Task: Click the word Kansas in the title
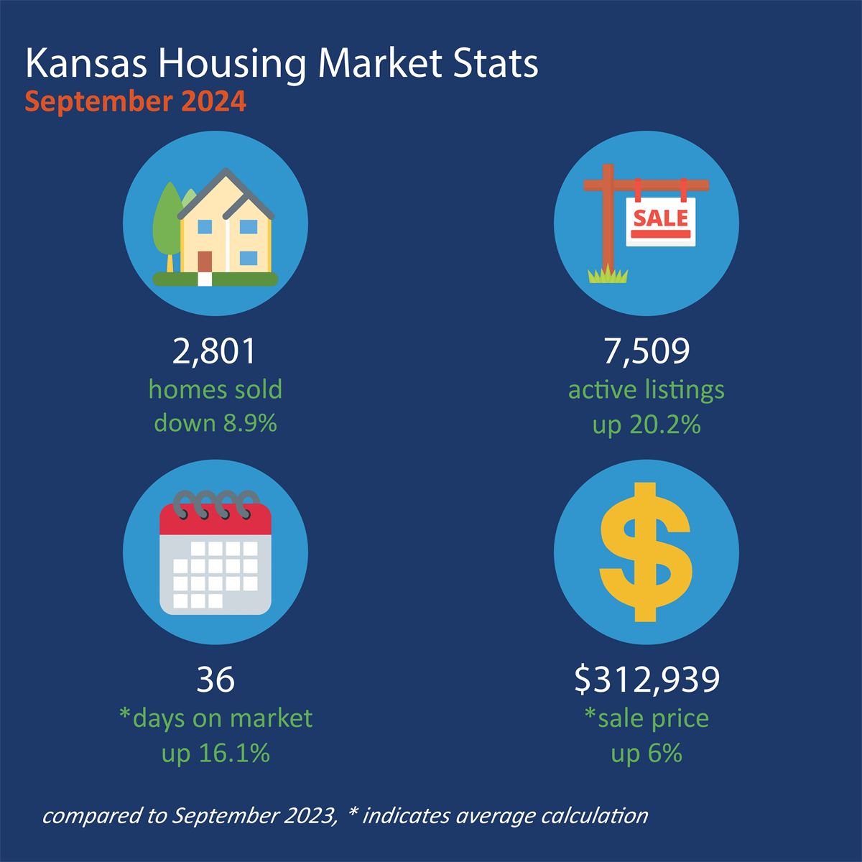click(x=86, y=64)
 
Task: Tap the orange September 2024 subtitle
click(x=136, y=101)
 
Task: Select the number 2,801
click(x=215, y=351)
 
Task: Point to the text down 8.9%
click(x=215, y=423)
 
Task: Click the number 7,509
click(x=646, y=351)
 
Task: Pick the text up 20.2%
click(x=646, y=425)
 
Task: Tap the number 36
click(x=215, y=680)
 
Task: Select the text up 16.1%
click(x=215, y=753)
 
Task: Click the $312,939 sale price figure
click(x=646, y=680)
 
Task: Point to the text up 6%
click(x=646, y=753)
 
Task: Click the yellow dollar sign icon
click(x=646, y=552)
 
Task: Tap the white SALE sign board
click(x=661, y=222)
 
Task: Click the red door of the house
click(x=205, y=261)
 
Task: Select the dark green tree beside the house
click(x=167, y=219)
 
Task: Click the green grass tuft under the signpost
click(x=608, y=274)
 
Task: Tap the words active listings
click(x=646, y=390)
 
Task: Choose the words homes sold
click(x=215, y=390)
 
